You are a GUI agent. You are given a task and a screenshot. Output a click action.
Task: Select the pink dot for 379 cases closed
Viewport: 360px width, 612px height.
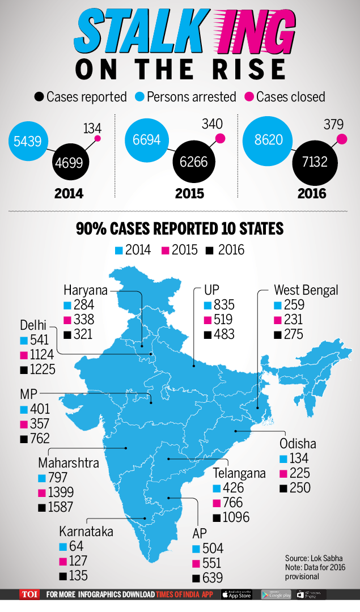341,139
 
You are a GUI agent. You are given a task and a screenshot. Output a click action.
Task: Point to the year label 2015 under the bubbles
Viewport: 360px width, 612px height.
189,193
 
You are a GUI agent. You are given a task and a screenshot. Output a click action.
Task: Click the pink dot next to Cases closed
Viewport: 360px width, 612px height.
249,97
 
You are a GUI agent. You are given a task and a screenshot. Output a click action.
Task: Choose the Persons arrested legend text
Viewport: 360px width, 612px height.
191,97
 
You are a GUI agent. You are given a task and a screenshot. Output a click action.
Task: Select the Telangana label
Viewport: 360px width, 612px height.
239,473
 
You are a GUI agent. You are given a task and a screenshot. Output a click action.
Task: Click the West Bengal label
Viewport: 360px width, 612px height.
306,290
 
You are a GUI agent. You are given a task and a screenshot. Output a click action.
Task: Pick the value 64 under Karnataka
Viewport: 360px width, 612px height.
76,547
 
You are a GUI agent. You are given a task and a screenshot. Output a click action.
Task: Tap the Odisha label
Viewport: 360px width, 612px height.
298,444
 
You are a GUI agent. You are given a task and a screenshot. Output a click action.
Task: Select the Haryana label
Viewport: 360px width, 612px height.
85,290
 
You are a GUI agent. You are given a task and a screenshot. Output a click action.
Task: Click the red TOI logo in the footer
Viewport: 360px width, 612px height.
29,594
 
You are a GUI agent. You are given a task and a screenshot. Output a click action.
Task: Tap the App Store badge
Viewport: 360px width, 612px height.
236,594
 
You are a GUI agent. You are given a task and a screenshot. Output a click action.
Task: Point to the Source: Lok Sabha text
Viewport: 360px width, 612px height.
314,558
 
